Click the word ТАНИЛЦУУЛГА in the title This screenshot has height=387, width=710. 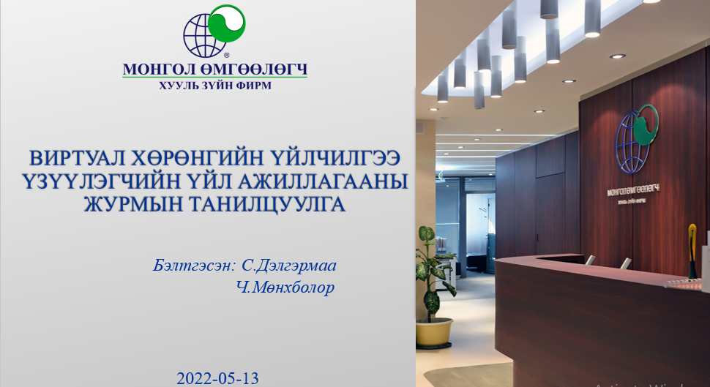(x=269, y=203)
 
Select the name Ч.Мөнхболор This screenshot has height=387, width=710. (x=285, y=288)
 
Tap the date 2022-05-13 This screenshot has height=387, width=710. (x=217, y=378)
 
